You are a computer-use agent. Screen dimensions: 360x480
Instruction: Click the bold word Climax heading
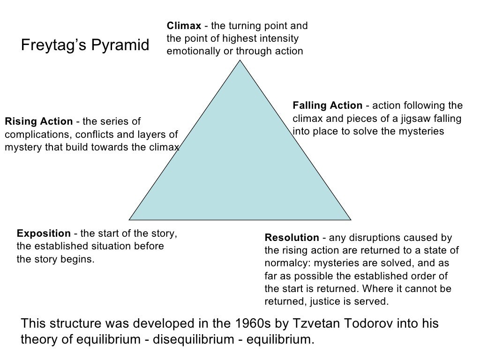(184, 26)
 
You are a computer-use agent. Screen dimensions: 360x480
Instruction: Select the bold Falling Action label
(327, 105)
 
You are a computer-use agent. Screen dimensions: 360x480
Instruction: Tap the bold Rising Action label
(38, 122)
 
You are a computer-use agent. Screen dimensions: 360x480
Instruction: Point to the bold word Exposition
(44, 233)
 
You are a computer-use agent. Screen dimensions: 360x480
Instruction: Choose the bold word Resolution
(292, 238)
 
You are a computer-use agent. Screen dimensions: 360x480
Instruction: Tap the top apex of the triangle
(240, 62)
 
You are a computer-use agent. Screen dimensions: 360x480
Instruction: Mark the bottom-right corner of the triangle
(351, 219)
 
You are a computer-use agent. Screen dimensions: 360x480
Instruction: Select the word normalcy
(287, 263)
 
